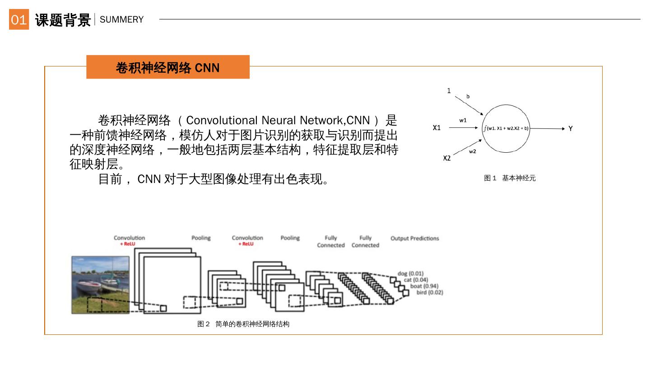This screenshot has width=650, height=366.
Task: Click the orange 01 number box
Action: pyautogui.click(x=19, y=19)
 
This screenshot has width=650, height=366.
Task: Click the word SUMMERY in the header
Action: pyautogui.click(x=121, y=19)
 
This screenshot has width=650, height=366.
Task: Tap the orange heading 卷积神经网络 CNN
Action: pyautogui.click(x=167, y=68)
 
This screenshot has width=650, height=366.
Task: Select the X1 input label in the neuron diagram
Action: pyautogui.click(x=436, y=128)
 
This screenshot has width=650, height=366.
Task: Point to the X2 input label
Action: pyautogui.click(x=446, y=158)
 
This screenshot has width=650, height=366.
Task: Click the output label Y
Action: pyautogui.click(x=571, y=129)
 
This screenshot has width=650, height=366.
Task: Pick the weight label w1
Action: pyautogui.click(x=463, y=120)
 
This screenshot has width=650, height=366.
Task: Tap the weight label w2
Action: pyautogui.click(x=472, y=151)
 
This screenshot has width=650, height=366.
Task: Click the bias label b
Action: pyautogui.click(x=468, y=96)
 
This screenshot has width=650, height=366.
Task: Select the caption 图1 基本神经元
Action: pyautogui.click(x=510, y=178)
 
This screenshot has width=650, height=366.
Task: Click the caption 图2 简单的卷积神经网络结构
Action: pyautogui.click(x=243, y=324)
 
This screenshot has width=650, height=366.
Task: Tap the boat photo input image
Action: pyautogui.click(x=101, y=285)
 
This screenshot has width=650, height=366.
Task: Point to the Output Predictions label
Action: pyautogui.click(x=414, y=239)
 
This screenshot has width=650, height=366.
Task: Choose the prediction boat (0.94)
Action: pyautogui.click(x=424, y=286)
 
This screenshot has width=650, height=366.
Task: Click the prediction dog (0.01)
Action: pyautogui.click(x=410, y=273)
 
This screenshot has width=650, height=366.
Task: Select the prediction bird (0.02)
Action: pyautogui.click(x=429, y=292)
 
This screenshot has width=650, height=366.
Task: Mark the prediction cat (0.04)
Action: pyautogui.click(x=416, y=280)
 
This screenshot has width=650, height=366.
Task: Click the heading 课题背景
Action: pyautogui.click(x=63, y=20)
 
